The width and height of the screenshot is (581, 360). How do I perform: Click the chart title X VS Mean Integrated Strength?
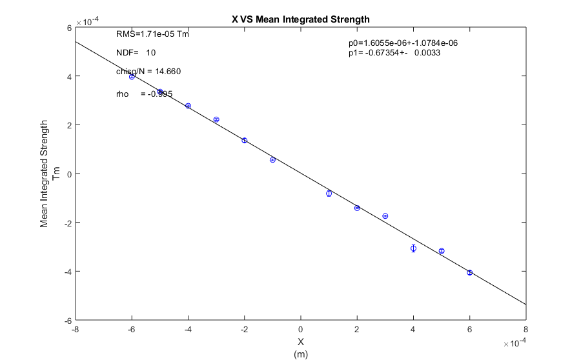[x=300, y=19]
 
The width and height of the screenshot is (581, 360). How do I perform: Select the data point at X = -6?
[x=132, y=77]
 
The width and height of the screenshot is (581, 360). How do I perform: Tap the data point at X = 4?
[x=413, y=248]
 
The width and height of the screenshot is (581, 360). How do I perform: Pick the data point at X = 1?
[x=329, y=194]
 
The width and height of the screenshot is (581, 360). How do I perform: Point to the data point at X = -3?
[x=216, y=119]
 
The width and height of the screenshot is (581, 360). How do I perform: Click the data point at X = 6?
[x=470, y=273]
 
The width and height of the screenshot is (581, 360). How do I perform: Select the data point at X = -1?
[x=272, y=159]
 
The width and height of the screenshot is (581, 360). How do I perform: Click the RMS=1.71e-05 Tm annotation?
[x=152, y=34]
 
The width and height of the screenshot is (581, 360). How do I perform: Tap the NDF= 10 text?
[x=136, y=53]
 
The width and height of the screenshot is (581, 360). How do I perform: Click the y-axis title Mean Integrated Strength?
[x=45, y=173]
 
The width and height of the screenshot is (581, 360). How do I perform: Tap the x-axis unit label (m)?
[x=300, y=354]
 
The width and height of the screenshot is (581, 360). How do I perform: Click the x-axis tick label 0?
[x=301, y=330]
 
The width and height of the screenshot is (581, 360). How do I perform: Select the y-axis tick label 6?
[x=68, y=28]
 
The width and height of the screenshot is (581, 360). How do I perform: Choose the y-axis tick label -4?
[x=66, y=272]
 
